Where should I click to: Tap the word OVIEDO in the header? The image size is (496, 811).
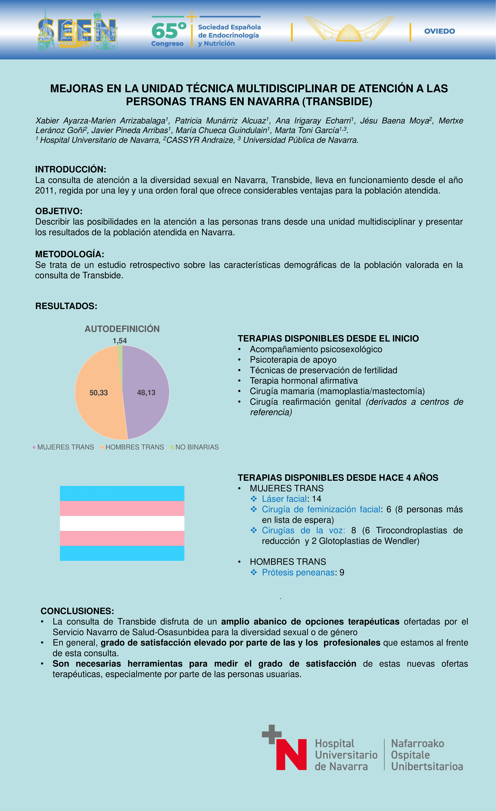coord(439,31)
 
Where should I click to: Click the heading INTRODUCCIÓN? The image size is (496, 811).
coord(70,170)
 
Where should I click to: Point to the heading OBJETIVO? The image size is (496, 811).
coord(59,211)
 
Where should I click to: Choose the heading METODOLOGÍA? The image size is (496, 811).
coord(69,254)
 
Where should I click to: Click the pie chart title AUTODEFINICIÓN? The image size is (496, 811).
coord(122,329)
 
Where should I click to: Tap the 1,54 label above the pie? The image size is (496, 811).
coord(120,341)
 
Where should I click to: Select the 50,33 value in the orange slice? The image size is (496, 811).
coord(99,393)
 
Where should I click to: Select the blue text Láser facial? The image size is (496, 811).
coord(284,499)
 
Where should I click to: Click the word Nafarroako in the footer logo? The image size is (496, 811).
coord(417,744)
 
